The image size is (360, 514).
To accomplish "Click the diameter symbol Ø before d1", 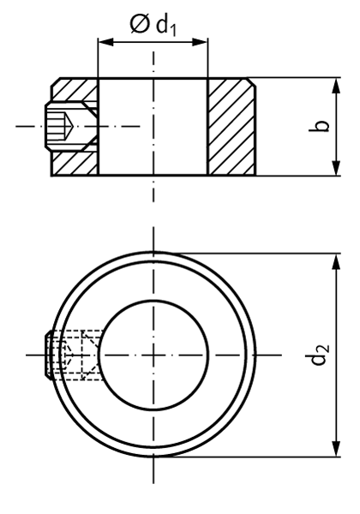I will pyautogui.click(x=140, y=24).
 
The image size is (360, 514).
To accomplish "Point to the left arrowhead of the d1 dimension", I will pyautogui.click(x=104, y=40).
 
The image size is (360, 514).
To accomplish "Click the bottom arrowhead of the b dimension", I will pyautogui.click(x=333, y=170).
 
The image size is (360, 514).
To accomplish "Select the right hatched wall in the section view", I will pyautogui.click(x=231, y=127).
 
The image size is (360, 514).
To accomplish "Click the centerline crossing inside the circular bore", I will pyautogui.click(x=153, y=354).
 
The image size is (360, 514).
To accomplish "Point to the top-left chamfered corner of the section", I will pyautogui.click(x=56, y=82).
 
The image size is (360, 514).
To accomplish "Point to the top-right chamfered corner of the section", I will pyautogui.click(x=252, y=82).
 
